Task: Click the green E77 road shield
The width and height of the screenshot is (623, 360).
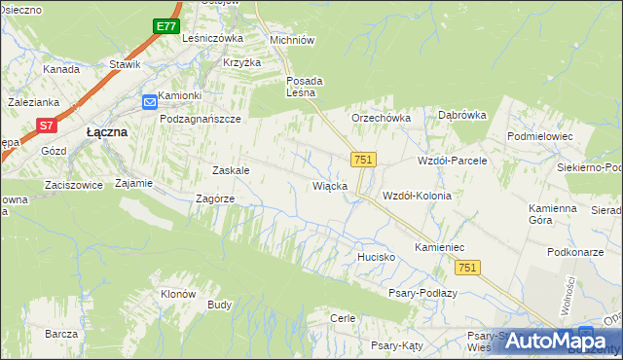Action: click(x=165, y=26)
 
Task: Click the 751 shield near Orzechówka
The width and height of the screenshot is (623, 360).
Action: click(x=363, y=159)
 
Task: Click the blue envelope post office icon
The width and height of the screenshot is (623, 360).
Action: click(x=148, y=100)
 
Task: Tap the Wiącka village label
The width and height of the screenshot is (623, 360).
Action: click(x=329, y=185)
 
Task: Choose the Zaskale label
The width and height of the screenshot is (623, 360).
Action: click(x=231, y=170)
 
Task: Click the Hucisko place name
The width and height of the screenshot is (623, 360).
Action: click(x=374, y=257)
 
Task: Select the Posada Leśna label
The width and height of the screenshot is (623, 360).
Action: click(x=304, y=87)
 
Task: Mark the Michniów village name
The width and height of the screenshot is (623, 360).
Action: click(x=292, y=41)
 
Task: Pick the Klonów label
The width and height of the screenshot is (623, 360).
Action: click(x=178, y=294)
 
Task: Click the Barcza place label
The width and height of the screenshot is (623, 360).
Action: click(x=60, y=334)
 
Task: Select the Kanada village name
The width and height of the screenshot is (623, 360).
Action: click(x=60, y=70)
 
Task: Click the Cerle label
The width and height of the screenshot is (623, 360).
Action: click(x=342, y=318)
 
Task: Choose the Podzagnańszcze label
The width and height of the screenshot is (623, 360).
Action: click(x=201, y=118)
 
